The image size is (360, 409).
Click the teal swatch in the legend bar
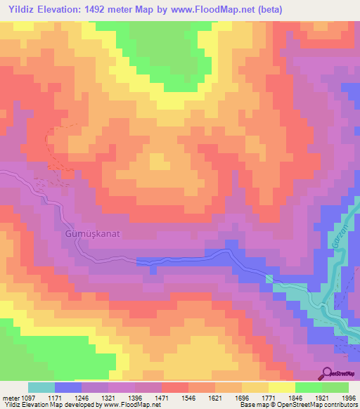coord(41,387)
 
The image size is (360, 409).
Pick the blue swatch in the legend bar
coord(67,387)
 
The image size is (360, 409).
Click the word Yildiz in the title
coord(21,8)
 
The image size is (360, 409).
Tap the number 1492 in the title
coord(116,8)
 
